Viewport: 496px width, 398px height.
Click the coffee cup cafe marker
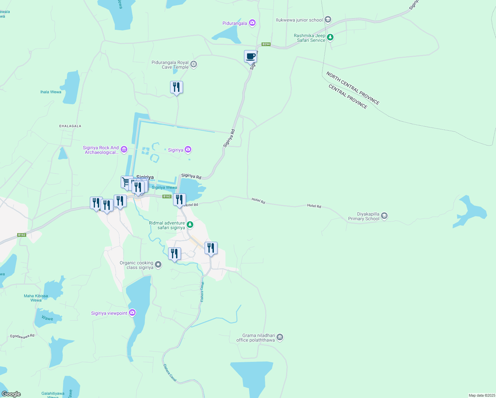coord(250,56)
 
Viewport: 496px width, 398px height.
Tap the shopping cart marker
coord(126,182)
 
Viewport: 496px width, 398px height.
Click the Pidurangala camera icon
coord(252,23)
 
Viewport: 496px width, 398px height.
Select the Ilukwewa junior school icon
coord(328,20)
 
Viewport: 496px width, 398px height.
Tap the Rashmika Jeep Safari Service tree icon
coord(330,37)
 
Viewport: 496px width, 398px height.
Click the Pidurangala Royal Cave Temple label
coord(170,65)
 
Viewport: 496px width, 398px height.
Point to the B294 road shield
coord(266,44)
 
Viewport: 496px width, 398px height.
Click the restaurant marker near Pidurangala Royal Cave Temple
coord(176,87)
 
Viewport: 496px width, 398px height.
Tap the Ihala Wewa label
coord(51,92)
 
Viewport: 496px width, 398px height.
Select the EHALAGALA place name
coord(70,126)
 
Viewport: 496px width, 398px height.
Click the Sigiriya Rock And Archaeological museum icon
coord(124,150)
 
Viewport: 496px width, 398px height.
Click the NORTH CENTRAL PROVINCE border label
coord(353,88)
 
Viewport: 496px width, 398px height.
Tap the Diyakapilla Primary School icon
coord(384,216)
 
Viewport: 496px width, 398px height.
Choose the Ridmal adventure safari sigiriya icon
coord(190,225)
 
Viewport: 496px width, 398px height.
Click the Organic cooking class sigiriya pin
coord(158,265)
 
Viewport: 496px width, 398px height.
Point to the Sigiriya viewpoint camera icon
coord(132,313)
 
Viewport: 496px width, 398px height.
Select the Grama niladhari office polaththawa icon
coord(280,337)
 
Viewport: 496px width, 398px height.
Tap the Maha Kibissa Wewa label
coord(36,298)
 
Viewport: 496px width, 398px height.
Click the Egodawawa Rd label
coord(22,336)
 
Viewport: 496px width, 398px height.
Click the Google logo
coord(11,394)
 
